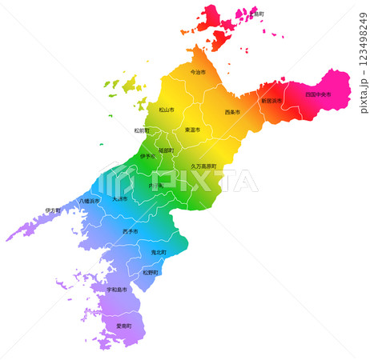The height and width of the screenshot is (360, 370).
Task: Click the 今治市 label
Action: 198,72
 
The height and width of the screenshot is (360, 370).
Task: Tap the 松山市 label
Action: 167,110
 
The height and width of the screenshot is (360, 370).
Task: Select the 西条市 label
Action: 232,112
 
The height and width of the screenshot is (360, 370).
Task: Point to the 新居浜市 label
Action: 271,102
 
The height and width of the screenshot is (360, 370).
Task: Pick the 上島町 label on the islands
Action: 257,14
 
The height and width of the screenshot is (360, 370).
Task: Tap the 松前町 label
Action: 143,130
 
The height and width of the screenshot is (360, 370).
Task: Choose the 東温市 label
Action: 192,130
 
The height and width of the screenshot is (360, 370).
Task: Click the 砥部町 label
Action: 166,150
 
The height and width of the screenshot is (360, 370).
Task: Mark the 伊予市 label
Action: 148,156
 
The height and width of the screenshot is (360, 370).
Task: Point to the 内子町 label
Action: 155,186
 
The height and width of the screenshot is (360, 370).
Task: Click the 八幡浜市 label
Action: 89,202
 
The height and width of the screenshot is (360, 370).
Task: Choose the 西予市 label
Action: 130,231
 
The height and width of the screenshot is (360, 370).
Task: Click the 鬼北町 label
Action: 159,252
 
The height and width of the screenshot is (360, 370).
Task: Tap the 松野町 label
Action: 151,272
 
